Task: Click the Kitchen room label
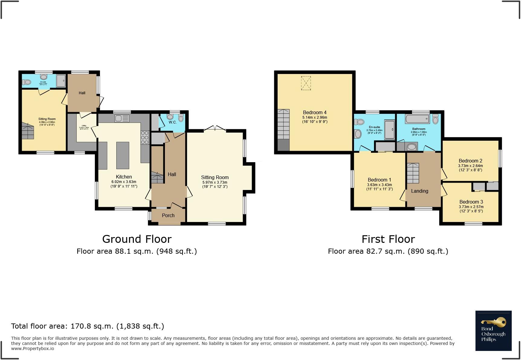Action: coord(124,177)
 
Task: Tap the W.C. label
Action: coord(173,122)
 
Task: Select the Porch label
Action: coord(168,215)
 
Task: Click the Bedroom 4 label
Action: coord(315,112)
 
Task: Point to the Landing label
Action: coord(420,191)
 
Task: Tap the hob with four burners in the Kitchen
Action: coord(145,137)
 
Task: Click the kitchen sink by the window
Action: coord(122,118)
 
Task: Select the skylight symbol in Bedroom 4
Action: coord(306,83)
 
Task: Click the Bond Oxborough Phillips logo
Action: coord(493,331)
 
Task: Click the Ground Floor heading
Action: coord(137,239)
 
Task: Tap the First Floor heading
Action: coord(388,239)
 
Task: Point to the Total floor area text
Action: coord(88,326)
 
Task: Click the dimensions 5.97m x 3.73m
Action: coord(215,182)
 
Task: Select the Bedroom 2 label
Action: coord(470,161)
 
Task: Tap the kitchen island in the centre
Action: coord(123,155)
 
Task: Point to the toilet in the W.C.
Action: coord(181,118)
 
